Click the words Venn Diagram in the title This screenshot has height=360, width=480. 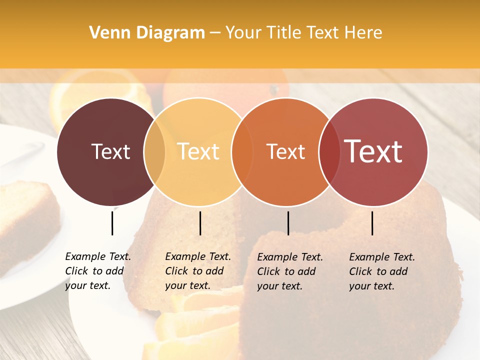point(147,33)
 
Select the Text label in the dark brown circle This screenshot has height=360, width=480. point(110,151)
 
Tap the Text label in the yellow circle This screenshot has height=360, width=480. point(198,151)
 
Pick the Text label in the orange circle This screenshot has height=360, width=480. point(285,151)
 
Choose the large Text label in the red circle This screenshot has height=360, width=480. point(373,151)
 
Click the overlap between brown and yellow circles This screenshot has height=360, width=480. point(154,152)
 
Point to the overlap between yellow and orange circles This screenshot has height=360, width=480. point(241,152)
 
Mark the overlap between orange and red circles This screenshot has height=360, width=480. point(329,152)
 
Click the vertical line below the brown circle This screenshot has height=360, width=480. point(112,223)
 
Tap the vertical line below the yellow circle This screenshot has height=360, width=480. point(200,223)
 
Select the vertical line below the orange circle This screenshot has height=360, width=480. point(288,223)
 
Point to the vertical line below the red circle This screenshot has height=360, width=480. point(372,223)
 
